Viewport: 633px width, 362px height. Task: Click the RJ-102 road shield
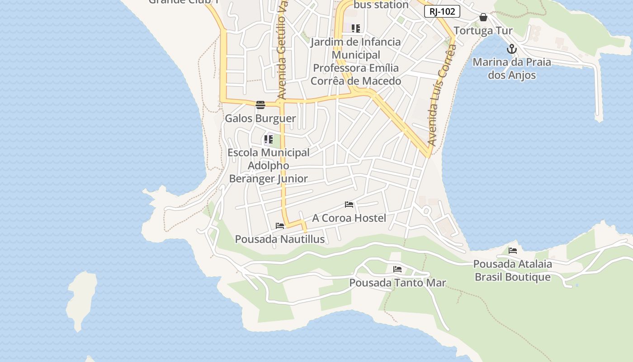442,12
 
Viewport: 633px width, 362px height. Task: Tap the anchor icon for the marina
511,49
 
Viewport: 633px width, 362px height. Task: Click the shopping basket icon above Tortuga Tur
483,18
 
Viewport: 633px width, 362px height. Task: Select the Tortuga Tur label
483,31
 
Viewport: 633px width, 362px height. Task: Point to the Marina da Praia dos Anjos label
512,68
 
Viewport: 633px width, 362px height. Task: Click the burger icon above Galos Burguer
260,105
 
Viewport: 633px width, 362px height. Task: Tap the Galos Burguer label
260,119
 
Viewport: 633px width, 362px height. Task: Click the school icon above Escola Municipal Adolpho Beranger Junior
269,139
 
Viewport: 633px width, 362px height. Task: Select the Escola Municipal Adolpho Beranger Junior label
269,166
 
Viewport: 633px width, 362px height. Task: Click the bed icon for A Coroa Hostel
349,205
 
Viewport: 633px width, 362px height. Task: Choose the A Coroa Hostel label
349,218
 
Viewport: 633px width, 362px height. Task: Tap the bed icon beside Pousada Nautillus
280,226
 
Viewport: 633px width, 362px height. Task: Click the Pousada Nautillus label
280,239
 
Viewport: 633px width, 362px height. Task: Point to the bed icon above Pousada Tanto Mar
397,269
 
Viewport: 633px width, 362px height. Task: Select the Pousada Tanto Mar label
397,283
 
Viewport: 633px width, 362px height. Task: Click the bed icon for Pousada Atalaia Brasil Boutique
512,250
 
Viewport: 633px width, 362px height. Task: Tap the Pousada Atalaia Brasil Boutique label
512,270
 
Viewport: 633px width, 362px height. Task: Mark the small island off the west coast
81,299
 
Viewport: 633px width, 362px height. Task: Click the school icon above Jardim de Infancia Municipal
356,29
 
